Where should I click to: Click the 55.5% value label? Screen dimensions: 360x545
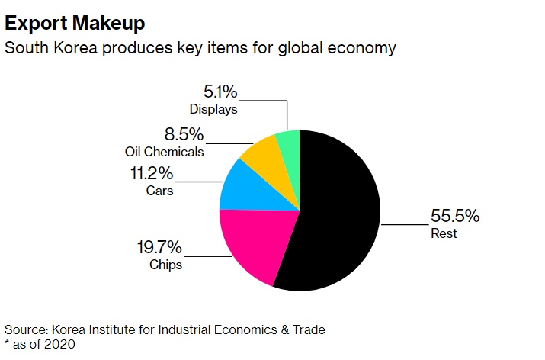tap(455, 216)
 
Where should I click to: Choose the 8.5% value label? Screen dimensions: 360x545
tap(183, 134)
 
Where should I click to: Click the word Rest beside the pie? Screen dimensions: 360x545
tap(444, 233)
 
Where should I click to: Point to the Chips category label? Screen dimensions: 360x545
tap(165, 265)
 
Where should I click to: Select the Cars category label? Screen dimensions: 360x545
tap(159, 190)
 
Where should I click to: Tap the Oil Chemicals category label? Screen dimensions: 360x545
tap(164, 151)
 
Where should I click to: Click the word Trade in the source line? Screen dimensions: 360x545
tap(307, 329)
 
